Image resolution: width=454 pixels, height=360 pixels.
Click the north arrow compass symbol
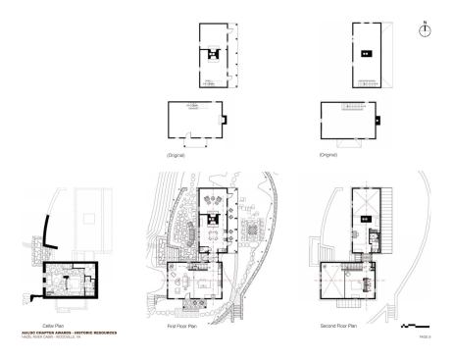[425, 30]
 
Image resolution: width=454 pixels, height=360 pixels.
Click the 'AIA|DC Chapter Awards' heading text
[69, 333]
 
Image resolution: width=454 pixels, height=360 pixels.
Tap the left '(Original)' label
[177, 155]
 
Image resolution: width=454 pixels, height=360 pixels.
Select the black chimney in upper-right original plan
[363, 52]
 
